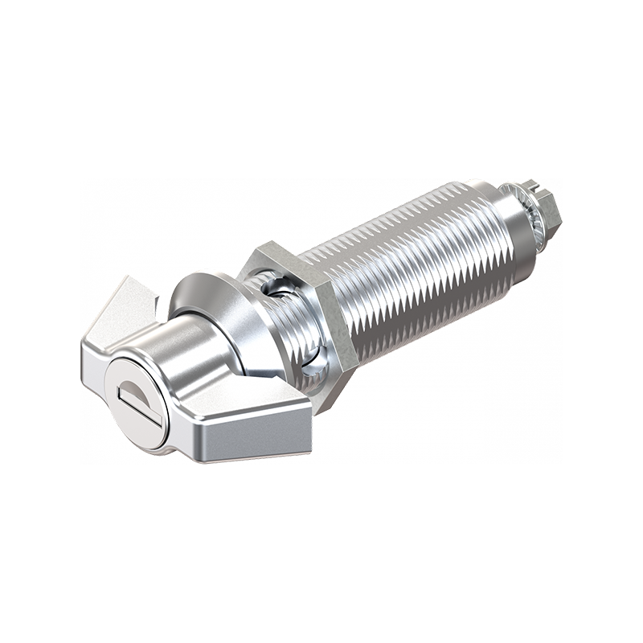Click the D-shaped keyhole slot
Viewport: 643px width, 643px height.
pos(134,396)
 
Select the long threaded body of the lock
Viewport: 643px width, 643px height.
pos(410,265)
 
